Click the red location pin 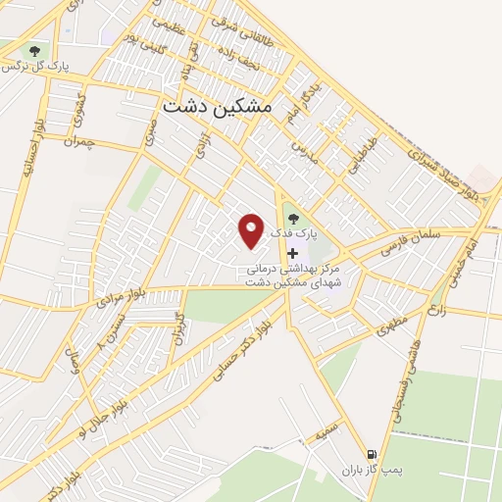[x=252, y=229]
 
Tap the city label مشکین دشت [x=232, y=106]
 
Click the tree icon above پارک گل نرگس [x=35, y=50]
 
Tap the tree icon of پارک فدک [x=292, y=220]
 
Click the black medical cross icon [x=292, y=253]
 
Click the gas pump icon [x=371, y=454]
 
